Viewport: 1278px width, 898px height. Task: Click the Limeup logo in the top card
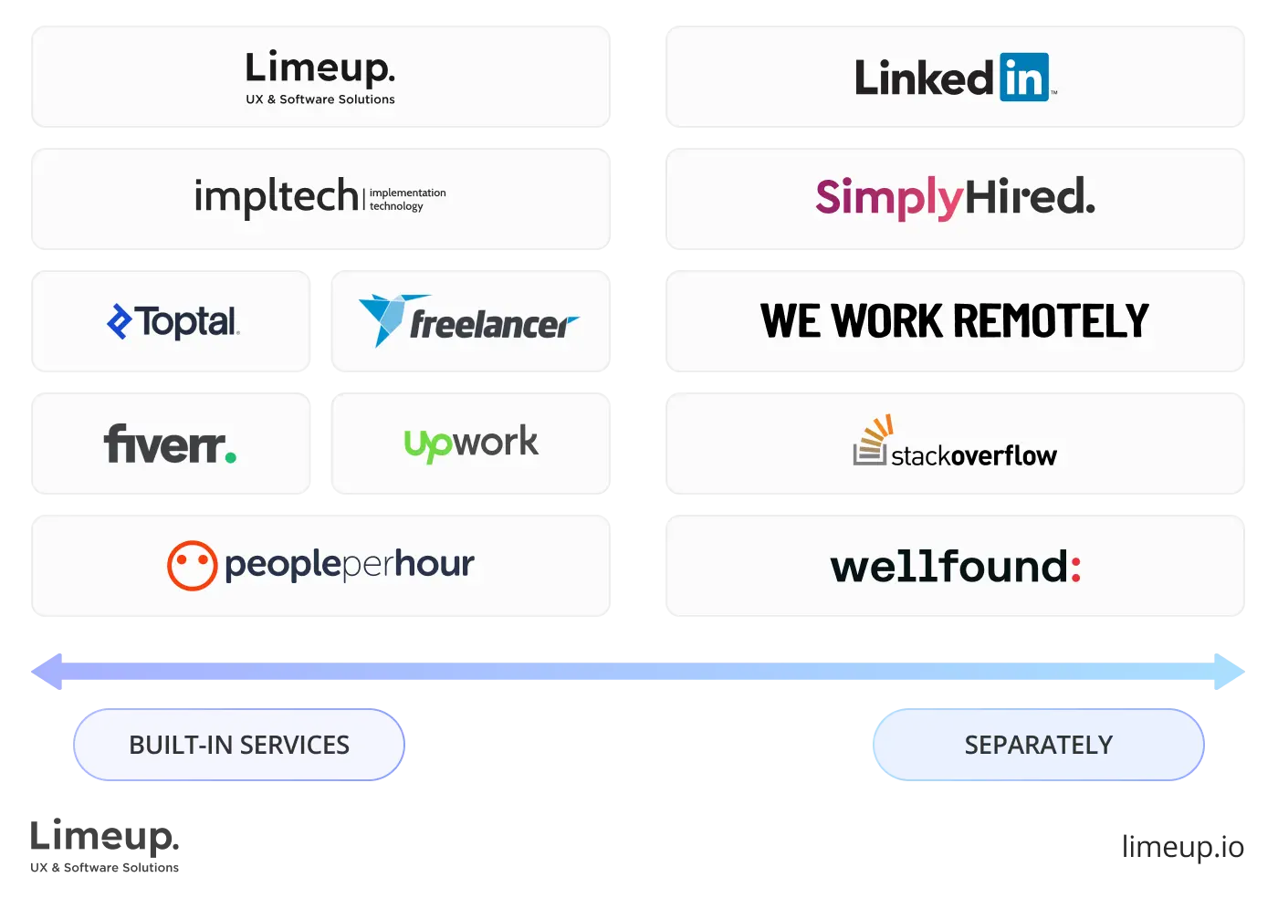(319, 69)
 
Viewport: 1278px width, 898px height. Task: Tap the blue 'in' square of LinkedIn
(1023, 78)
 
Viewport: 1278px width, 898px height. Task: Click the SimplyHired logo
(955, 197)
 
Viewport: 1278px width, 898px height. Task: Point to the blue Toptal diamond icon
(120, 321)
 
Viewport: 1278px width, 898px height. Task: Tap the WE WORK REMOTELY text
(955, 321)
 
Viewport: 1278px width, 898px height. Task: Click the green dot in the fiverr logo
(230, 455)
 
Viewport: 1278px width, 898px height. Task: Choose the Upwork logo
(471, 444)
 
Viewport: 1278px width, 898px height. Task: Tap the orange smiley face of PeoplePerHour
(192, 565)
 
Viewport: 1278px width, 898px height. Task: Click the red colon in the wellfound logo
(1075, 568)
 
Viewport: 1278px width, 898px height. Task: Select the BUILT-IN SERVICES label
(239, 745)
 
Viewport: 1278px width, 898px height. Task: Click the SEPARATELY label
(1039, 745)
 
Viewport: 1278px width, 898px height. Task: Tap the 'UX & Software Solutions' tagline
(320, 99)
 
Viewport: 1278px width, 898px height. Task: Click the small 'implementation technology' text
(407, 199)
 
